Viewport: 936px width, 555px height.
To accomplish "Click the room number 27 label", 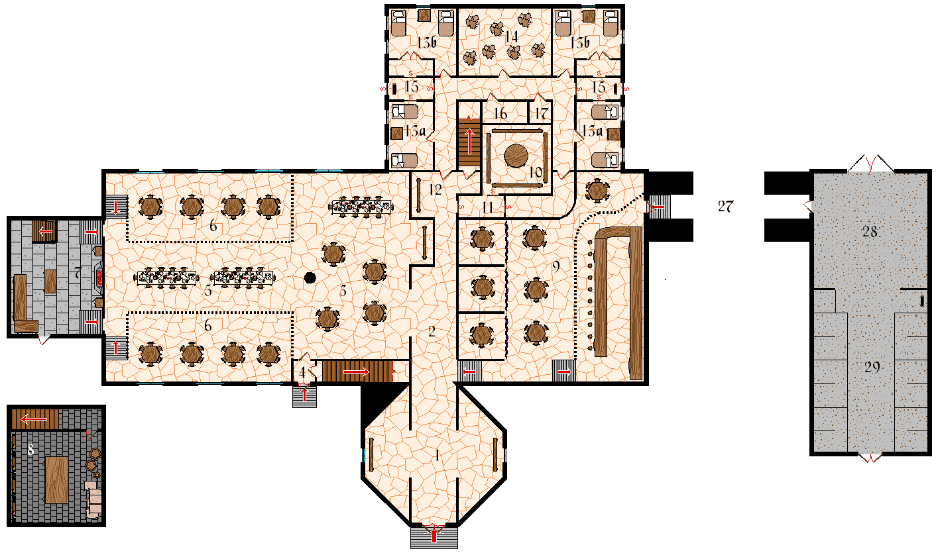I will pyautogui.click(x=725, y=206).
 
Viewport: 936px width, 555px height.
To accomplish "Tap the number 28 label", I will pyautogui.click(x=871, y=231).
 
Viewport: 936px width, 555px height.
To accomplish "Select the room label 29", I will pyautogui.click(x=872, y=368).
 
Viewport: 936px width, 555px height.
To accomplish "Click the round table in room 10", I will pyautogui.click(x=516, y=156).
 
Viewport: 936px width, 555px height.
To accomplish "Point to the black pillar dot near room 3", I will pyautogui.click(x=309, y=278).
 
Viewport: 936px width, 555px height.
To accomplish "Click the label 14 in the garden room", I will pyautogui.click(x=510, y=37).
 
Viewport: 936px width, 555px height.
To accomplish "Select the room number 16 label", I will pyautogui.click(x=500, y=114).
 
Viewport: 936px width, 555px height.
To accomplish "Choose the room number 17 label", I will pyautogui.click(x=541, y=113).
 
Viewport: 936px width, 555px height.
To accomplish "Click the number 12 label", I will pyautogui.click(x=435, y=189).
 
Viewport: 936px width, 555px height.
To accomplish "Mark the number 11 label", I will pyautogui.click(x=488, y=207).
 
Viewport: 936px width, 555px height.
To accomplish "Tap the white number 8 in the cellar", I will pyautogui.click(x=30, y=450).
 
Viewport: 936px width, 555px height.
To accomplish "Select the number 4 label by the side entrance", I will pyautogui.click(x=302, y=372).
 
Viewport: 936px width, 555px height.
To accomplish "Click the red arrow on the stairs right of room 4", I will pyautogui.click(x=356, y=372).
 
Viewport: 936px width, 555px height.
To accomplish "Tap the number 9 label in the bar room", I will pyautogui.click(x=556, y=267).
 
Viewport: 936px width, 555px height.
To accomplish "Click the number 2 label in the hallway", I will pyautogui.click(x=432, y=332).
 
